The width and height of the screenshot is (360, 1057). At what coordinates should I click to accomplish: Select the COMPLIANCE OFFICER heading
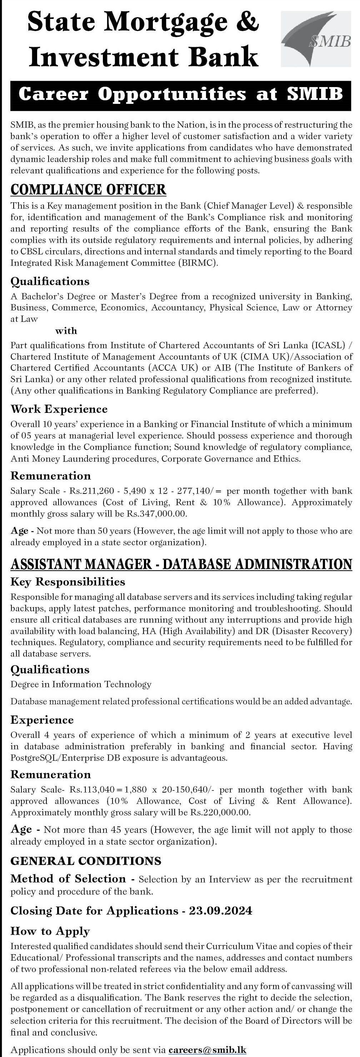(x=88, y=189)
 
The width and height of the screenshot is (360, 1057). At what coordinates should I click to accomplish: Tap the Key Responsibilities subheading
(x=68, y=582)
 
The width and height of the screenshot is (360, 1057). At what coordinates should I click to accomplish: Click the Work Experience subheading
(x=59, y=409)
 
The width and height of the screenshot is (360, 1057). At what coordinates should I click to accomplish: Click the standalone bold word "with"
(x=66, y=331)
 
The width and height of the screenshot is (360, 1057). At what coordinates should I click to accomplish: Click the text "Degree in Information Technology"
(x=81, y=684)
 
